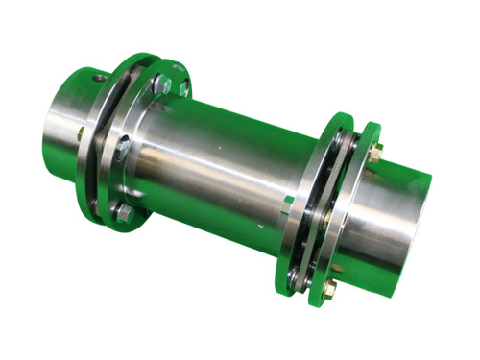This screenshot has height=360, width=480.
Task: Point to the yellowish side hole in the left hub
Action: pyautogui.click(x=81, y=132)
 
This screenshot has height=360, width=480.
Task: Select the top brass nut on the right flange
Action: pyautogui.click(x=376, y=150)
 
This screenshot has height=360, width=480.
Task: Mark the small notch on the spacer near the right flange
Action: pyautogui.click(x=288, y=201)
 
